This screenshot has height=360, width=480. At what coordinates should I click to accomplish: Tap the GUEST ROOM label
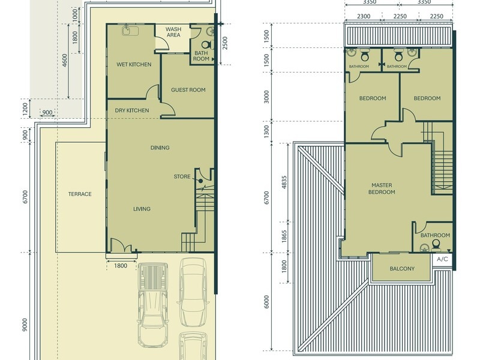point(188,90)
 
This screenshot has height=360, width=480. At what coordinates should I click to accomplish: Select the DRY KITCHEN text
point(132,110)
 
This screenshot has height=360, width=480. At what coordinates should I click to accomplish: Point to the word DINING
point(160,148)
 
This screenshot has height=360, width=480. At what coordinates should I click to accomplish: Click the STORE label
point(182,176)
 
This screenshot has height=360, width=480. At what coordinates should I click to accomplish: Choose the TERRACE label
point(79,194)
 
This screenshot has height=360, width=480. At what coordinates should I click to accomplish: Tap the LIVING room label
point(142,209)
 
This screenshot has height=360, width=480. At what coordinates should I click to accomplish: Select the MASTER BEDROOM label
point(382,188)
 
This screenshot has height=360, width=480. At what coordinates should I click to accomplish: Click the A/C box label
point(443,259)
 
